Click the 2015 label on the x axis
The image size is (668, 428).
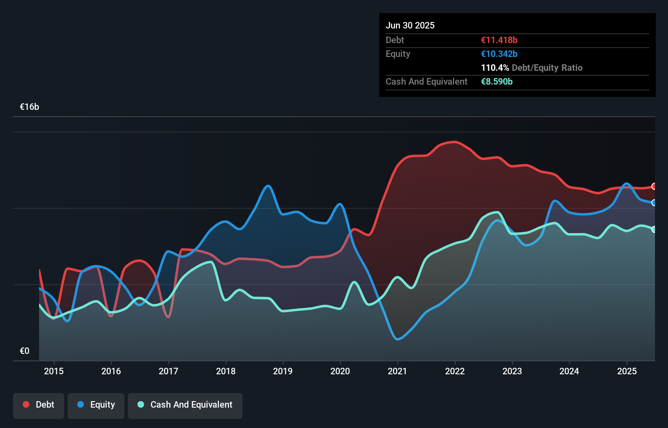point(54,371)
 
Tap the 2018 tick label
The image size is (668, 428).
point(225,371)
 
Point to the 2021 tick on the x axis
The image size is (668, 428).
point(397,371)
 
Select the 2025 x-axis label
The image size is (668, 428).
point(627,371)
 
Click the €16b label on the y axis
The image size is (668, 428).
point(29,107)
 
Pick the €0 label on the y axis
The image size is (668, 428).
point(24,351)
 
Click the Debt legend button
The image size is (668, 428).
point(39,404)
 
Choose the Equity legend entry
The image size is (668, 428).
point(96,404)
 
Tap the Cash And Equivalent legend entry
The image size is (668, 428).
point(185,404)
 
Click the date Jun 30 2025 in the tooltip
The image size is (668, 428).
point(410,25)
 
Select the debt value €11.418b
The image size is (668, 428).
point(499,40)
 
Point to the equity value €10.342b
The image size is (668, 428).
point(499,54)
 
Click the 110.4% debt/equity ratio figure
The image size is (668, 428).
point(495,68)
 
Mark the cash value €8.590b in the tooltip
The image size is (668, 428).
point(497,81)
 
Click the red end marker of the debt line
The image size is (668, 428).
point(654,186)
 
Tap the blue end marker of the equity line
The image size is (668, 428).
point(654,203)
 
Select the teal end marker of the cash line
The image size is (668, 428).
point(654,229)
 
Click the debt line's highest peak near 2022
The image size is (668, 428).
point(454,142)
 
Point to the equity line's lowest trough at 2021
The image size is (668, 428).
point(398,339)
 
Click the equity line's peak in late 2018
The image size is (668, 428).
point(268,186)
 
